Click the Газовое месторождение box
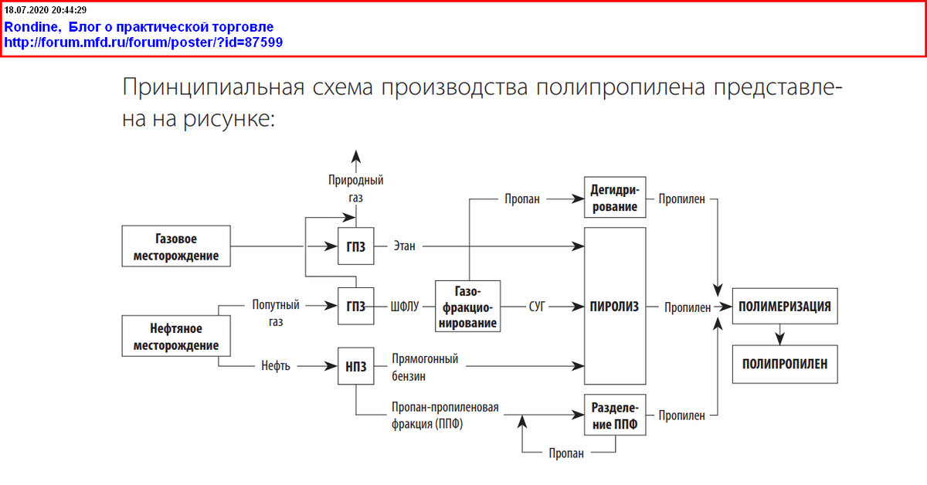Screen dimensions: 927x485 tap(176, 246)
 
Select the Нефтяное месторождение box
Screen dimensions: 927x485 tap(176, 336)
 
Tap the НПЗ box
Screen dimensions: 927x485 tap(356, 366)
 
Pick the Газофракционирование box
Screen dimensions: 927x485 tap(467, 307)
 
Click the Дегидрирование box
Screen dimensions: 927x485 tap(615, 198)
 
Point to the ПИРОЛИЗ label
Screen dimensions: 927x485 tap(615, 307)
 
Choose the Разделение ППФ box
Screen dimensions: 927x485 tap(615, 415)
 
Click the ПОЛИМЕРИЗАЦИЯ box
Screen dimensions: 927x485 tap(785, 307)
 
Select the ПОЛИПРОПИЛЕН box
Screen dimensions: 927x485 tap(785, 365)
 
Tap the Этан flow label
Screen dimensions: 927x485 tap(404, 246)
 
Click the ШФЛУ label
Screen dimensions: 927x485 tap(405, 307)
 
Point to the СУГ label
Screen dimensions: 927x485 tap(537, 307)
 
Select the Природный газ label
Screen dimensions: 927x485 tap(356, 188)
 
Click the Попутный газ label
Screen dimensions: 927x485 tap(276, 314)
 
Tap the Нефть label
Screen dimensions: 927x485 tap(276, 366)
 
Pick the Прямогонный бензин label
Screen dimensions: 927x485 tap(425, 368)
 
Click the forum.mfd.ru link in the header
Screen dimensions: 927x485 tap(143, 42)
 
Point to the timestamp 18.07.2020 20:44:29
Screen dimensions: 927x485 tap(45, 9)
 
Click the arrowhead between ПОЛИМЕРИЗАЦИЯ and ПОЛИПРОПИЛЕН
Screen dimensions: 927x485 tap(780, 339)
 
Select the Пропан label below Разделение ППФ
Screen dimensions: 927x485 tap(566, 453)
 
